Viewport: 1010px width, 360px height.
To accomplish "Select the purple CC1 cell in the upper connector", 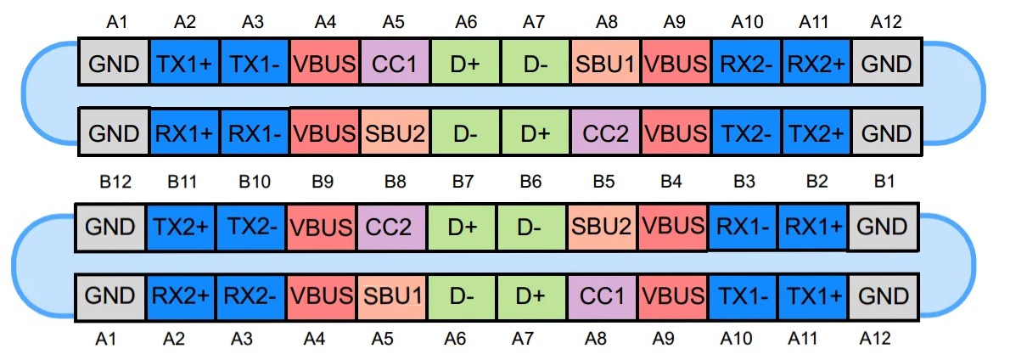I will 396,63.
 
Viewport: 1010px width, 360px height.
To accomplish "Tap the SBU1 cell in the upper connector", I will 606,63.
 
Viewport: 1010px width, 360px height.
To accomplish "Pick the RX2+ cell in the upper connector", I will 816,63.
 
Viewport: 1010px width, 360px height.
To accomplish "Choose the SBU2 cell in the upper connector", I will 396,132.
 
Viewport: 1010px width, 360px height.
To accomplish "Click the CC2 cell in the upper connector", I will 606,132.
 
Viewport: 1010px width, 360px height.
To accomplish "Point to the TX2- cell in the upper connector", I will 747,132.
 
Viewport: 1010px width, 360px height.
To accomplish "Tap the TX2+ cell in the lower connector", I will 181,228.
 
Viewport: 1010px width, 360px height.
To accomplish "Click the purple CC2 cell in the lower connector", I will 392,228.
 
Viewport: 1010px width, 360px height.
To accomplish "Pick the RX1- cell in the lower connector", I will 743,228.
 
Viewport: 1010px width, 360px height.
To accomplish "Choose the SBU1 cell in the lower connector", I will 392,296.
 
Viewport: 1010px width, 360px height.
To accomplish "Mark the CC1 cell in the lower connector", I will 602,296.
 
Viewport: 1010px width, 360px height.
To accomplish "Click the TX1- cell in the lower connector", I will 743,296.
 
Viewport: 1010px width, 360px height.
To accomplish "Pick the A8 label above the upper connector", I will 606,24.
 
